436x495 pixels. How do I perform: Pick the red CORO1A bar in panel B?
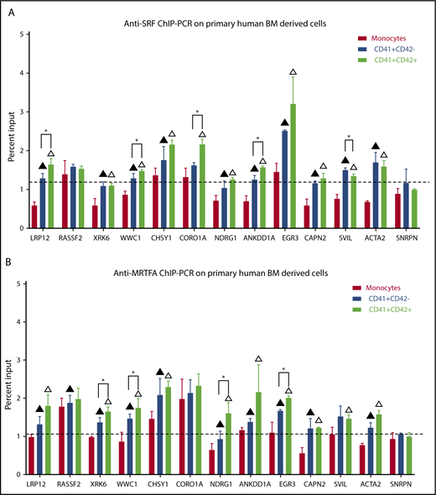182,436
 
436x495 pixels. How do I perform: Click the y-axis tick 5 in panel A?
25,34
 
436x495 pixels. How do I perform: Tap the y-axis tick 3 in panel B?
25,360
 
